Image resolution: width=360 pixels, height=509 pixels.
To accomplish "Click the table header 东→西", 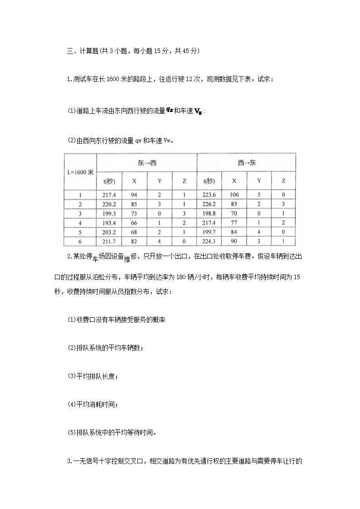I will (x=147, y=163).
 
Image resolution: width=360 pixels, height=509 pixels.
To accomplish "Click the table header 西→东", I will (x=247, y=163).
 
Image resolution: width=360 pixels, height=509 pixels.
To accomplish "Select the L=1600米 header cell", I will (x=80, y=172).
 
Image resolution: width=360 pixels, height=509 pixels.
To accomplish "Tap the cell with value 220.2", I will (x=109, y=204).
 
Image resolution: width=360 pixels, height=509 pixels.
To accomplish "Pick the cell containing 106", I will (x=234, y=195).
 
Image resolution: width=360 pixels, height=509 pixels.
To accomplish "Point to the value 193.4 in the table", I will (x=109, y=222).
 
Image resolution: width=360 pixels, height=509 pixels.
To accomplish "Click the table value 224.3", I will (x=209, y=241).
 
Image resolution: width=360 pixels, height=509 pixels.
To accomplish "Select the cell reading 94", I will (x=134, y=195).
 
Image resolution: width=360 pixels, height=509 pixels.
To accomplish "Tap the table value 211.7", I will (x=109, y=241).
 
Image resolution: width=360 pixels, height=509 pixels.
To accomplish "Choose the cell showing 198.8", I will (x=209, y=213).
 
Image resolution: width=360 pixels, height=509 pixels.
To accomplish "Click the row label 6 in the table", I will (x=80, y=241).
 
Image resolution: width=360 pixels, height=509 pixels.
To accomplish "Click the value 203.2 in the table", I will (x=109, y=232).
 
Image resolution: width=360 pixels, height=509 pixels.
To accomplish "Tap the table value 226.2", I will (x=209, y=204).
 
